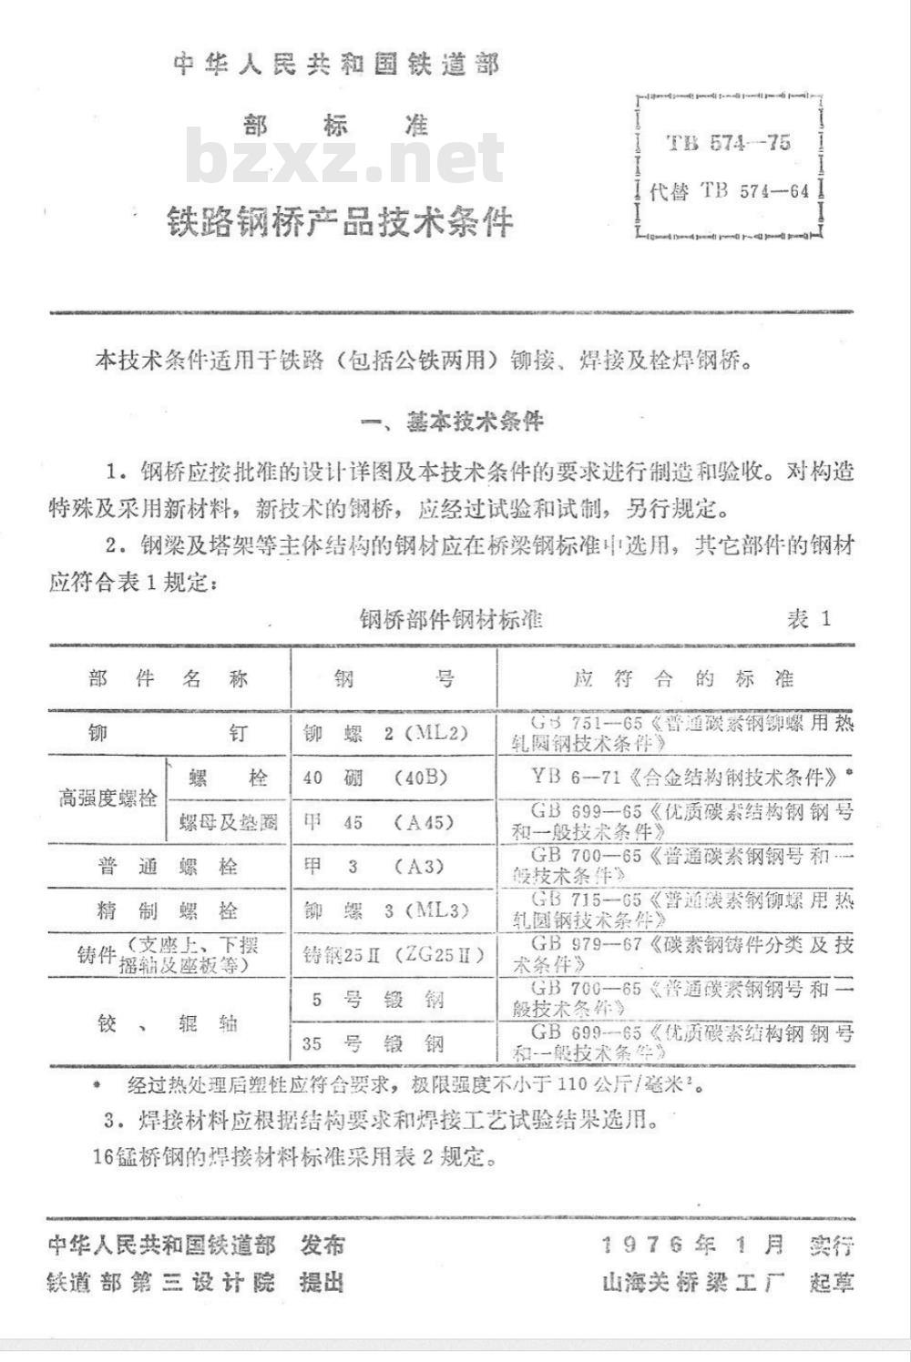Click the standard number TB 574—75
(x=728, y=143)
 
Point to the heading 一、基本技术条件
(x=453, y=422)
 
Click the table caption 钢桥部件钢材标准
(x=451, y=620)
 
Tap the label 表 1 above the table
(x=809, y=619)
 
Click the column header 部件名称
(x=169, y=679)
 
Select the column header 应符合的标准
(x=683, y=679)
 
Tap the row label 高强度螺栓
(x=107, y=799)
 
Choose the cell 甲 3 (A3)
(x=374, y=866)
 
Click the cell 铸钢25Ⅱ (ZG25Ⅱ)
(x=393, y=955)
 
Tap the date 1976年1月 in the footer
(x=692, y=1245)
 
